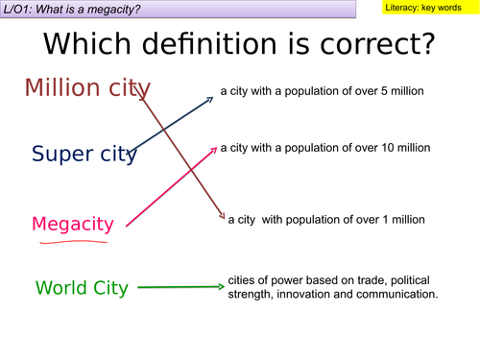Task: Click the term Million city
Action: click(x=86, y=87)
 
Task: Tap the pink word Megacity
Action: click(x=72, y=224)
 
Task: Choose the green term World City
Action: click(x=81, y=287)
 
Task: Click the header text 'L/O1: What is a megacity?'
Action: click(x=79, y=9)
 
